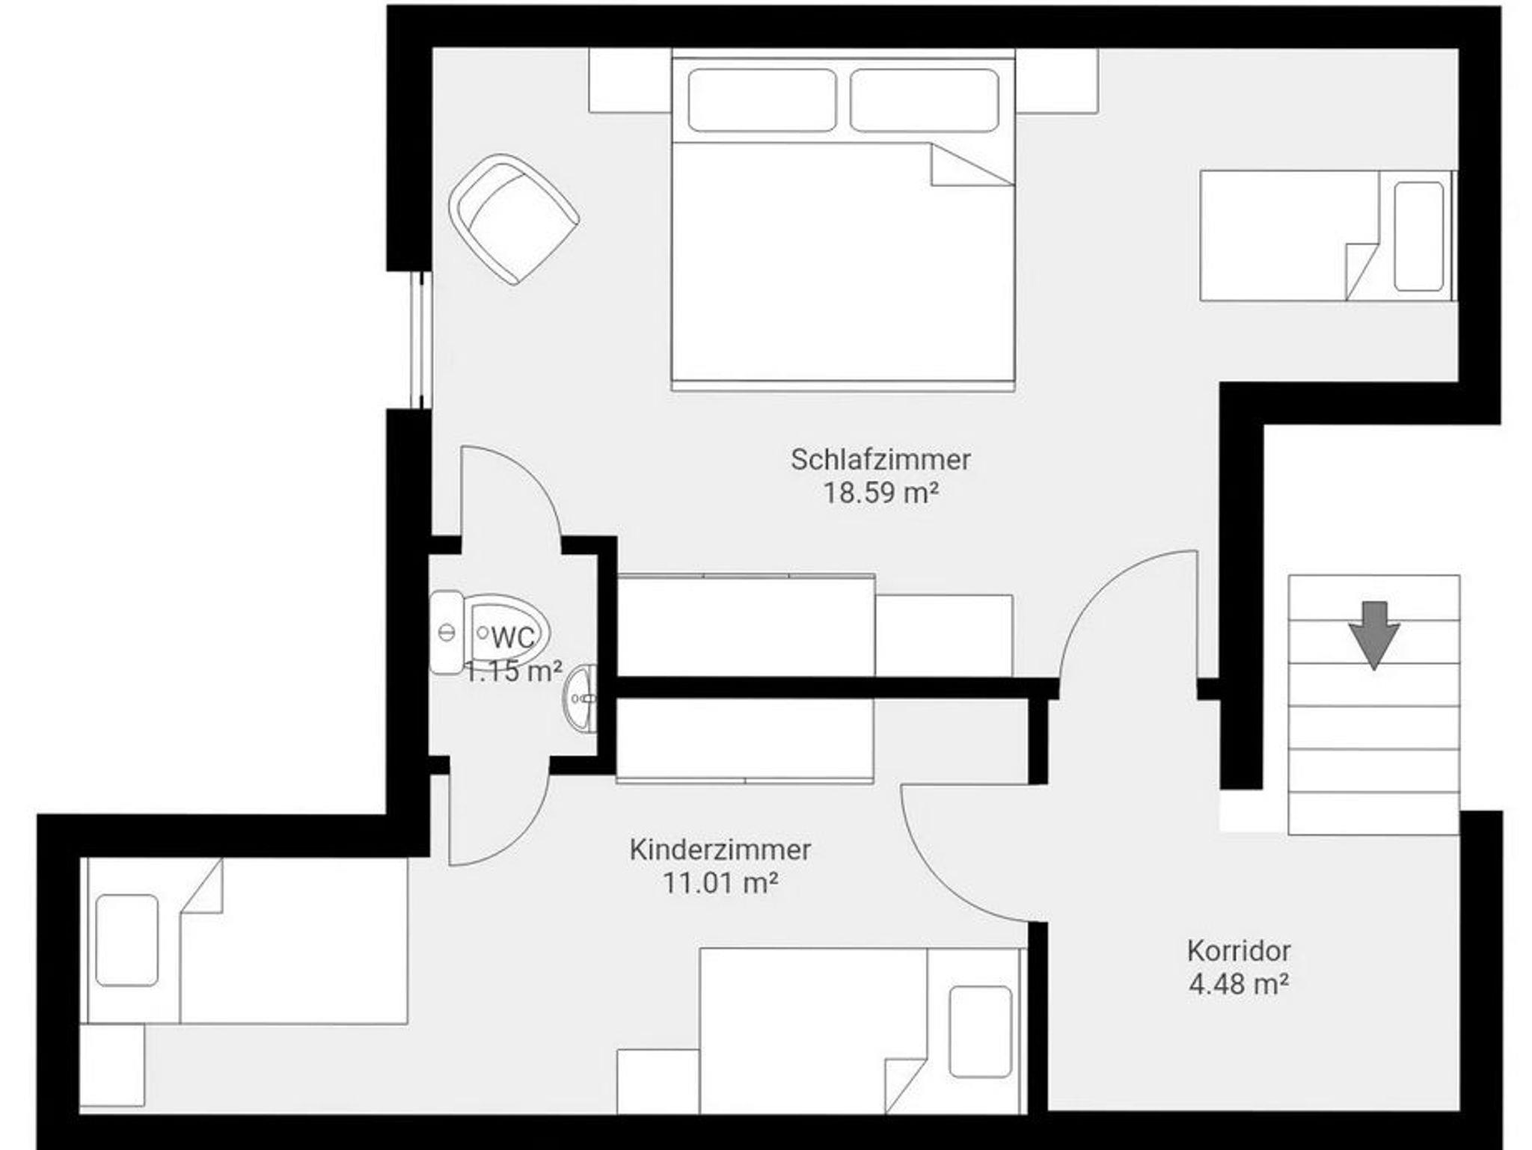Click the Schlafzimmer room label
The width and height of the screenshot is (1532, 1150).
coord(880,460)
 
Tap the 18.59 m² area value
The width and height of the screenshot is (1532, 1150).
coord(880,493)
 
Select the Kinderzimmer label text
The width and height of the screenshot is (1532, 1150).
coord(720,850)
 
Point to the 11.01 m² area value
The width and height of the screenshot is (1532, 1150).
coord(720,883)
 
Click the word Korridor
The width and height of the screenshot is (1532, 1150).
coord(1239,951)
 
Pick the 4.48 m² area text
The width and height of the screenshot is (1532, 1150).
coord(1239,984)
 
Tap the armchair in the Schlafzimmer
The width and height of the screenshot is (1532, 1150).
coord(514,219)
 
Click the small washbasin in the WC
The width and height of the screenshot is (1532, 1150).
coord(581,698)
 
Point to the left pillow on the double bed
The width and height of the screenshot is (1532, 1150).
coord(762,100)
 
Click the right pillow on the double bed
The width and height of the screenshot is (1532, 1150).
coord(925,100)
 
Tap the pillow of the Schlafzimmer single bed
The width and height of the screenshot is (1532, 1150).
coord(1418,236)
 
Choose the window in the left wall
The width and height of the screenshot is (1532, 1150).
coord(422,340)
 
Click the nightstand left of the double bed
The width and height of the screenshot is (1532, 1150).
coord(630,81)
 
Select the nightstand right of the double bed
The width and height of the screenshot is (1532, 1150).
coord(1056,81)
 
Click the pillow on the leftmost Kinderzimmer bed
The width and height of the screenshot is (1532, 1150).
coord(127,941)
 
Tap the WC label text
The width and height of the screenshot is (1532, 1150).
coord(513,638)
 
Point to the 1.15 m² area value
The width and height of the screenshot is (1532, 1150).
coord(513,671)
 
